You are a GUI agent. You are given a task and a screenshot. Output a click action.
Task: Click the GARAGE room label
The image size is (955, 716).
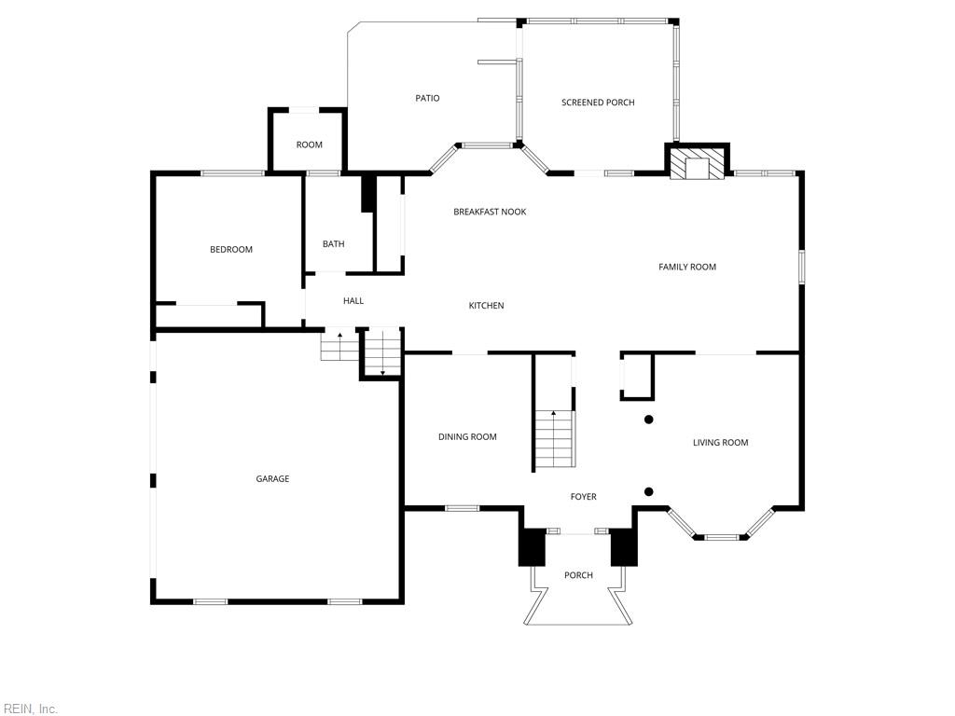click(x=272, y=479)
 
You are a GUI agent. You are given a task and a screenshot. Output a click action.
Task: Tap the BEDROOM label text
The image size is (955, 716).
click(x=230, y=250)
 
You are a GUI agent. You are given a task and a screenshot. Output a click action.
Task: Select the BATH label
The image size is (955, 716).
click(x=333, y=244)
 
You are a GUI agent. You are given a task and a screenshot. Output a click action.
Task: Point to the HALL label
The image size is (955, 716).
click(x=353, y=301)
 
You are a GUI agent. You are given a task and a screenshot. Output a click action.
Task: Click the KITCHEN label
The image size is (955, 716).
click(x=486, y=306)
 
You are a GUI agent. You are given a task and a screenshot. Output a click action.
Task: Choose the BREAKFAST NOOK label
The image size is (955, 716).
click(x=490, y=213)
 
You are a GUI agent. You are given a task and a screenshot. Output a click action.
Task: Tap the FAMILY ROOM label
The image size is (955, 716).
click(x=687, y=268)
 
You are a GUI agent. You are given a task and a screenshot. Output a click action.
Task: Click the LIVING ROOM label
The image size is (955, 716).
click(x=720, y=443)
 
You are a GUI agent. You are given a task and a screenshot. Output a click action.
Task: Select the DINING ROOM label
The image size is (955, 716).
click(x=467, y=437)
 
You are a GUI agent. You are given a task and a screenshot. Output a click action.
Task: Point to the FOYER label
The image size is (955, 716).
click(x=583, y=497)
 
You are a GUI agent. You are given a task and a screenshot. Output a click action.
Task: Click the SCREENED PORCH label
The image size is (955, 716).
click(x=598, y=103)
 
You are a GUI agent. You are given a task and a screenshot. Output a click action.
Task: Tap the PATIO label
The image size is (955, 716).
click(x=427, y=99)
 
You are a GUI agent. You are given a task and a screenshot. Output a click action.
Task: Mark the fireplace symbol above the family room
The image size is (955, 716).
click(x=698, y=167)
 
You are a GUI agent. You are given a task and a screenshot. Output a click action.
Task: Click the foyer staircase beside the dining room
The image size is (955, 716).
click(x=554, y=439)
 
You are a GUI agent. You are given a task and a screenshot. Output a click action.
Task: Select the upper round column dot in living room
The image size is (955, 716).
click(x=649, y=420)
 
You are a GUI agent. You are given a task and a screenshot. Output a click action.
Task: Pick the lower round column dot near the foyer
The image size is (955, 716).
click(x=649, y=492)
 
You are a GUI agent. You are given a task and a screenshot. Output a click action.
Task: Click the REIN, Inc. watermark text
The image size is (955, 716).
click(x=30, y=709)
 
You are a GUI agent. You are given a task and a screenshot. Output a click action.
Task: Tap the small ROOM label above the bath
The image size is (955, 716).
click(x=309, y=145)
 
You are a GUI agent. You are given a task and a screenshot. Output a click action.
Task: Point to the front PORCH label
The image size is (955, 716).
click(x=578, y=575)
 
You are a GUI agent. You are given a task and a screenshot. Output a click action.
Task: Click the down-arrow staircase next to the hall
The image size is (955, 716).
click(x=382, y=354)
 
